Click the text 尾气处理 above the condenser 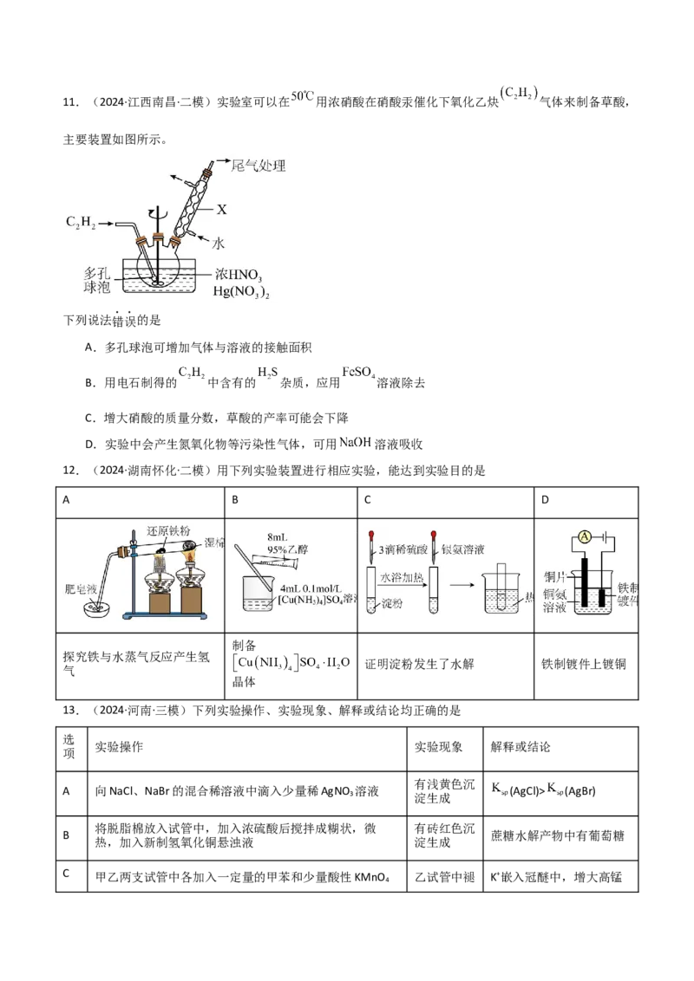click(x=259, y=165)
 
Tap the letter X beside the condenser click(x=222, y=209)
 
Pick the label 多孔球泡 click(x=91, y=279)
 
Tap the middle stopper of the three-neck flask click(x=157, y=237)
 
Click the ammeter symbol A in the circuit click(x=585, y=537)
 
